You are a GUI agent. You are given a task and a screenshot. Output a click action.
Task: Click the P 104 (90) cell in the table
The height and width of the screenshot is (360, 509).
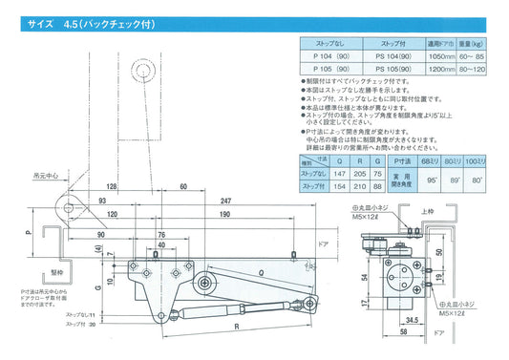[328, 57]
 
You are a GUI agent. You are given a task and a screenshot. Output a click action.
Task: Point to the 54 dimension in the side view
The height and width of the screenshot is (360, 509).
[366, 276]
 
